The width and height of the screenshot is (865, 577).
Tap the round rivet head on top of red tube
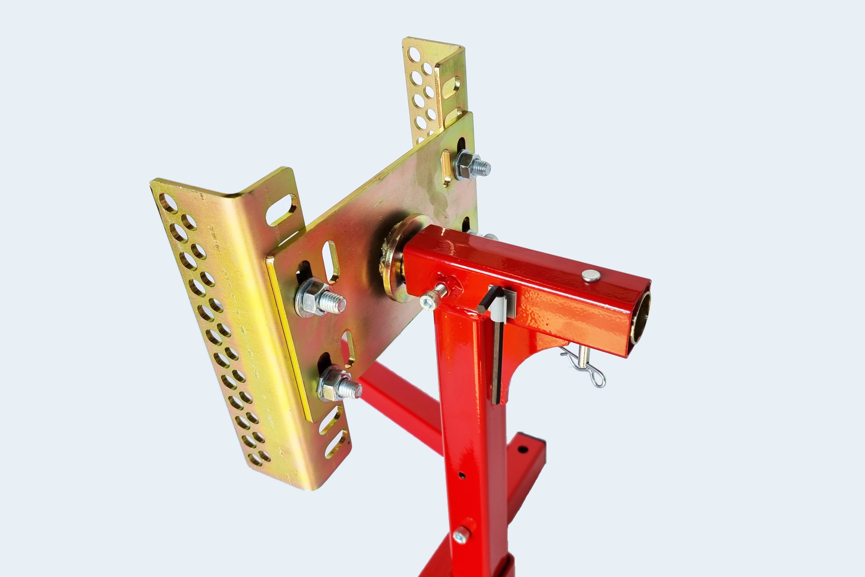coord(591,275)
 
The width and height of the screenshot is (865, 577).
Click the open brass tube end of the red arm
coord(640,318)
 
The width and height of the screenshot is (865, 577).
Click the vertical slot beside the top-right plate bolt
coord(446,167)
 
